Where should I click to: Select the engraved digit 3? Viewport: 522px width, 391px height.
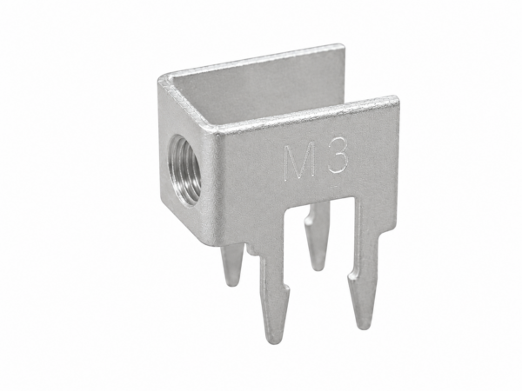338,156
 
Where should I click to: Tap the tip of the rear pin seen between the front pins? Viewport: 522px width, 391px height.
318,268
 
